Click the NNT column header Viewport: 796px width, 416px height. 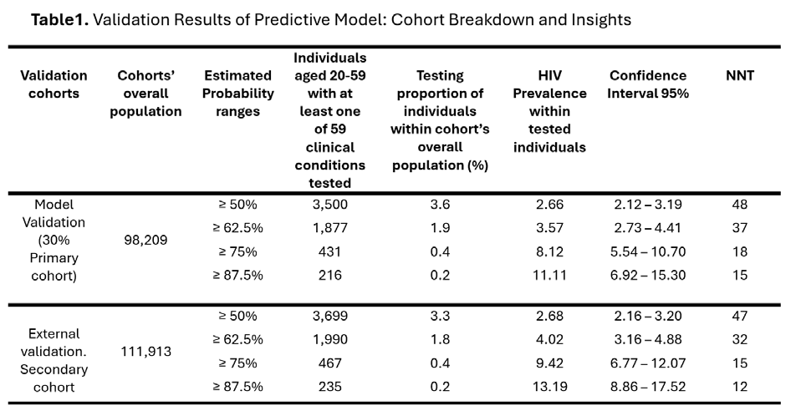(x=740, y=75)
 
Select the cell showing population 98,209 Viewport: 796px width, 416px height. (x=145, y=240)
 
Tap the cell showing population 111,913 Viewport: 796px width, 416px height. (x=145, y=352)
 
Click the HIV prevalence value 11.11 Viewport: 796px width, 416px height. (x=549, y=275)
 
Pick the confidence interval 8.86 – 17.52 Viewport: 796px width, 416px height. (x=648, y=387)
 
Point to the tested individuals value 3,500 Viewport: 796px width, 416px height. (x=330, y=205)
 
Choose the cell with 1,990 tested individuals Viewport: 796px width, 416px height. (x=330, y=339)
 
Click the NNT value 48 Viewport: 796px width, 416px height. (x=740, y=205)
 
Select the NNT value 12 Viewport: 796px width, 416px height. (x=740, y=387)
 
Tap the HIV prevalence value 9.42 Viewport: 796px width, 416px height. (x=549, y=363)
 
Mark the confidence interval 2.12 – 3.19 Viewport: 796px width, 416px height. (x=648, y=205)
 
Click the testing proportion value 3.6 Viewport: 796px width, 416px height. (x=440, y=205)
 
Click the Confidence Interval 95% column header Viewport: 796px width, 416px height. (x=648, y=84)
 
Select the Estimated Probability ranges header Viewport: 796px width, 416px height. (x=237, y=94)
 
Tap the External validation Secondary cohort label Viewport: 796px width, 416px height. (x=54, y=360)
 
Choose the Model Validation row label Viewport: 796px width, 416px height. (x=54, y=240)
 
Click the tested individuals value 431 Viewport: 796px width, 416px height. (x=330, y=251)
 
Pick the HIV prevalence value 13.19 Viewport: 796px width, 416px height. (x=549, y=387)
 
